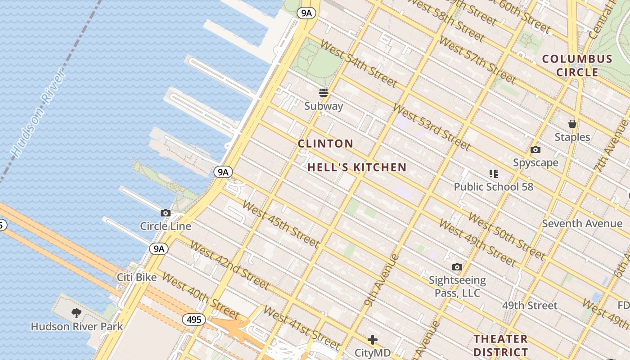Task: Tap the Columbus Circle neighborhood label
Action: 577,66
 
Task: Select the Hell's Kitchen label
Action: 357,167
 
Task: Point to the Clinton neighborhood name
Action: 326,144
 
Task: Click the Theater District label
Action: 500,345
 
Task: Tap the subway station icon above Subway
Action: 324,93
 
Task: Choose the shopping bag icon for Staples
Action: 572,124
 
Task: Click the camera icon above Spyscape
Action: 535,150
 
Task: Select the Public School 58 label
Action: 493,187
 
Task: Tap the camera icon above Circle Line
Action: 166,213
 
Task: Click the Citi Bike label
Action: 137,277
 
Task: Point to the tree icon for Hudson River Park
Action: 76,313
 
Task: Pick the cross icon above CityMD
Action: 373,340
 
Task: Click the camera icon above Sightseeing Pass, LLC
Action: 457,267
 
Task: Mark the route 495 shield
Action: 194,320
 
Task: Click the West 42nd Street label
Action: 229,265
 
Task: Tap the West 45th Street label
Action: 281,224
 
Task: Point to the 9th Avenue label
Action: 382,280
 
